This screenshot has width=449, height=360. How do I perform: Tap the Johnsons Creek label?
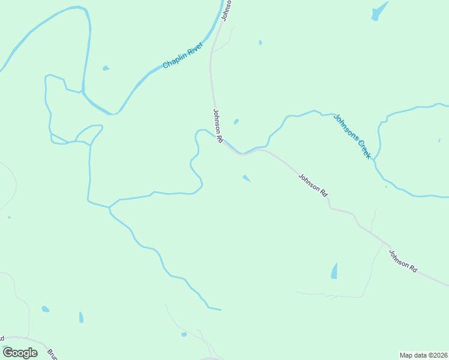[353, 136]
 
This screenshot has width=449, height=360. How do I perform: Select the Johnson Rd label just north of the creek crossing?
[218, 125]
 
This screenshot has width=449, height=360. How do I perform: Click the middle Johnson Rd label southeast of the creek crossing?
[313, 185]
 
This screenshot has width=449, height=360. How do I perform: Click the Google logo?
[20, 352]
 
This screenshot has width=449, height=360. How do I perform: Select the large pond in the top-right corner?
[379, 11]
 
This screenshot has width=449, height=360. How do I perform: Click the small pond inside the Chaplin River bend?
[106, 68]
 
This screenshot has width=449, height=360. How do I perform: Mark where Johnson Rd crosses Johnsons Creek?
[242, 154]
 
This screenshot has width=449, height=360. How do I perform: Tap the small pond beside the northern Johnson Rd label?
[236, 121]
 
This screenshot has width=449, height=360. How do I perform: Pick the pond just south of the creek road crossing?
[246, 178]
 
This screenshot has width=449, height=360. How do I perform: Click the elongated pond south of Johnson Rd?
[334, 271]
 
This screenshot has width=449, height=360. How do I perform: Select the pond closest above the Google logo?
[45, 309]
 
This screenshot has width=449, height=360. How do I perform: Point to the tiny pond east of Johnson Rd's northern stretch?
[260, 43]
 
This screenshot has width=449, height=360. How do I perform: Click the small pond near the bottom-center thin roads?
[184, 334]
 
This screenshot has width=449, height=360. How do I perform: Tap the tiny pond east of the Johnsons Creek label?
[439, 142]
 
